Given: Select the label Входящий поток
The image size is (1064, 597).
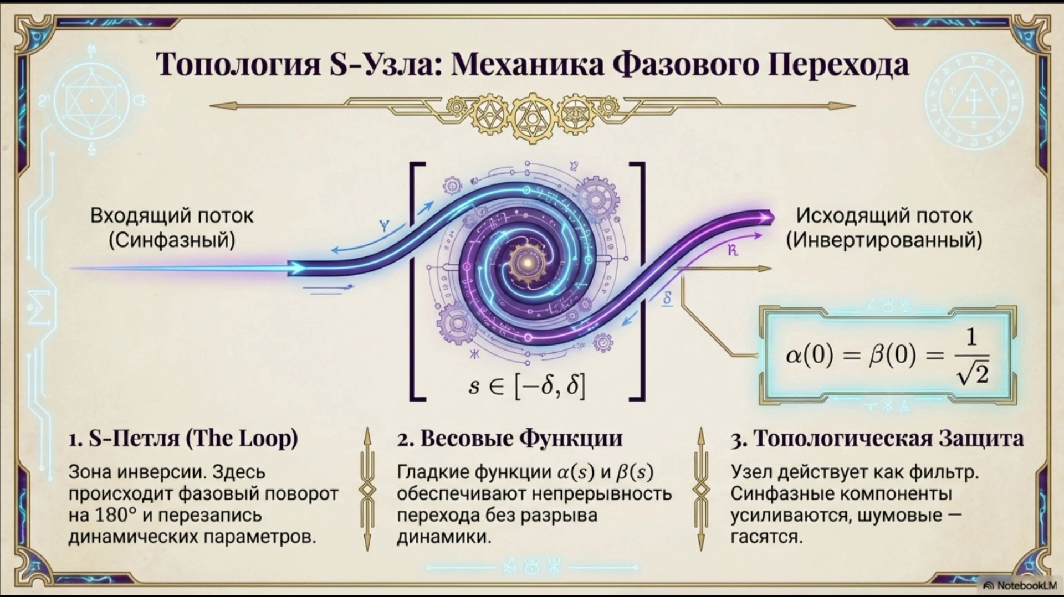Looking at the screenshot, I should (172, 215).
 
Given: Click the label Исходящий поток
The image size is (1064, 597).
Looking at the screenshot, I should (884, 215).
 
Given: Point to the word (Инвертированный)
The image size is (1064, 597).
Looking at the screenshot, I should (884, 240).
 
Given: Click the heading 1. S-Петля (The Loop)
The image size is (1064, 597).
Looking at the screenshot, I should (183, 439).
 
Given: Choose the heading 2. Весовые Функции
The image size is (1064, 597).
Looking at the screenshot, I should (510, 439).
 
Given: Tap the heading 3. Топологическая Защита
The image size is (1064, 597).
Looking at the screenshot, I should (877, 439).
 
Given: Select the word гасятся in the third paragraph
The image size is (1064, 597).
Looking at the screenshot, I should (766, 537).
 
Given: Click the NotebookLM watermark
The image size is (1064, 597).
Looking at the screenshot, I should (1020, 585).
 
